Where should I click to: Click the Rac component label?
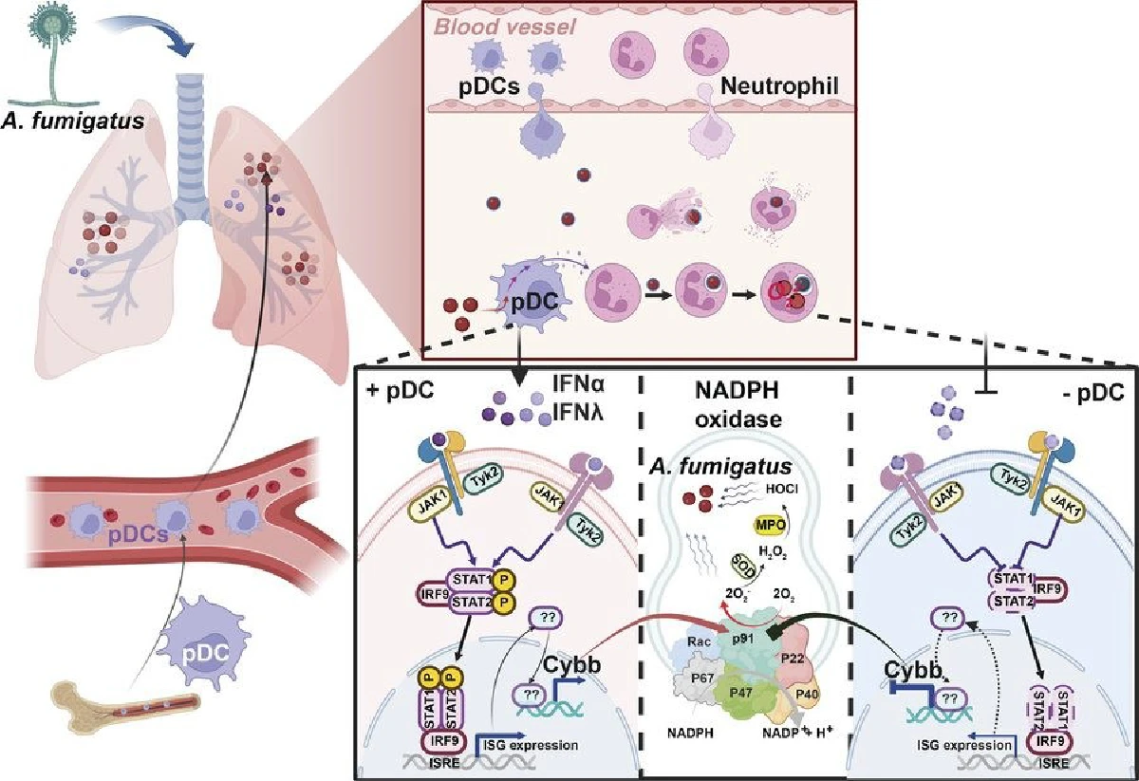click(693, 642)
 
